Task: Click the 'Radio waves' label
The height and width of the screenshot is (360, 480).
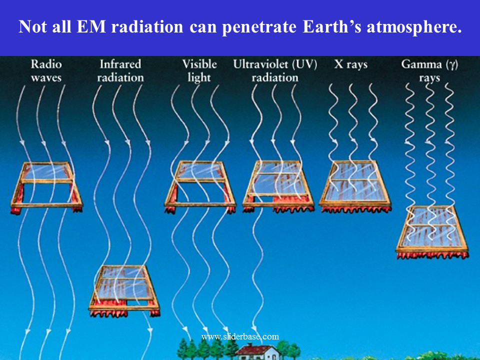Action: pos(46,70)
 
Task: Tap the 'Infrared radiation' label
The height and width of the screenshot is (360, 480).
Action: pos(120,70)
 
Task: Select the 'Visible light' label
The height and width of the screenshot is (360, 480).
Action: pos(199,70)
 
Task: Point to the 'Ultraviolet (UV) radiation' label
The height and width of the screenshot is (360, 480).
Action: pos(275,70)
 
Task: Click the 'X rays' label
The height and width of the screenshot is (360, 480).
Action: pos(351,65)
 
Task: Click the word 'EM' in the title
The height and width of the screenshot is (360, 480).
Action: pos(91,26)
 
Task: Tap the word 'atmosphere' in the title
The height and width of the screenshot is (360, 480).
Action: pos(414,27)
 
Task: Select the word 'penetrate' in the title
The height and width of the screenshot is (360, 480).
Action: pos(259,27)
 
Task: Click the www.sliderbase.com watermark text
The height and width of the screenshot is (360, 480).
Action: pos(240,336)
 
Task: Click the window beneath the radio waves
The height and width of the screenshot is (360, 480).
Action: pos(46,186)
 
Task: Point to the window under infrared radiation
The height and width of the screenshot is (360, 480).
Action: pos(124,291)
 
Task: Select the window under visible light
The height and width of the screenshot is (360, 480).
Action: pos(200,186)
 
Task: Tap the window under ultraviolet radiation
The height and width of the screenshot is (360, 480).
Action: pos(278,186)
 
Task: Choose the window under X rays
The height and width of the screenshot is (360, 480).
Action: pos(355,186)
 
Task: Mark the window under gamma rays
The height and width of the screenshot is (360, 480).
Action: pos(432,232)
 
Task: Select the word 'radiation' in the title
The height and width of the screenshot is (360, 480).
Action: pos(147,26)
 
